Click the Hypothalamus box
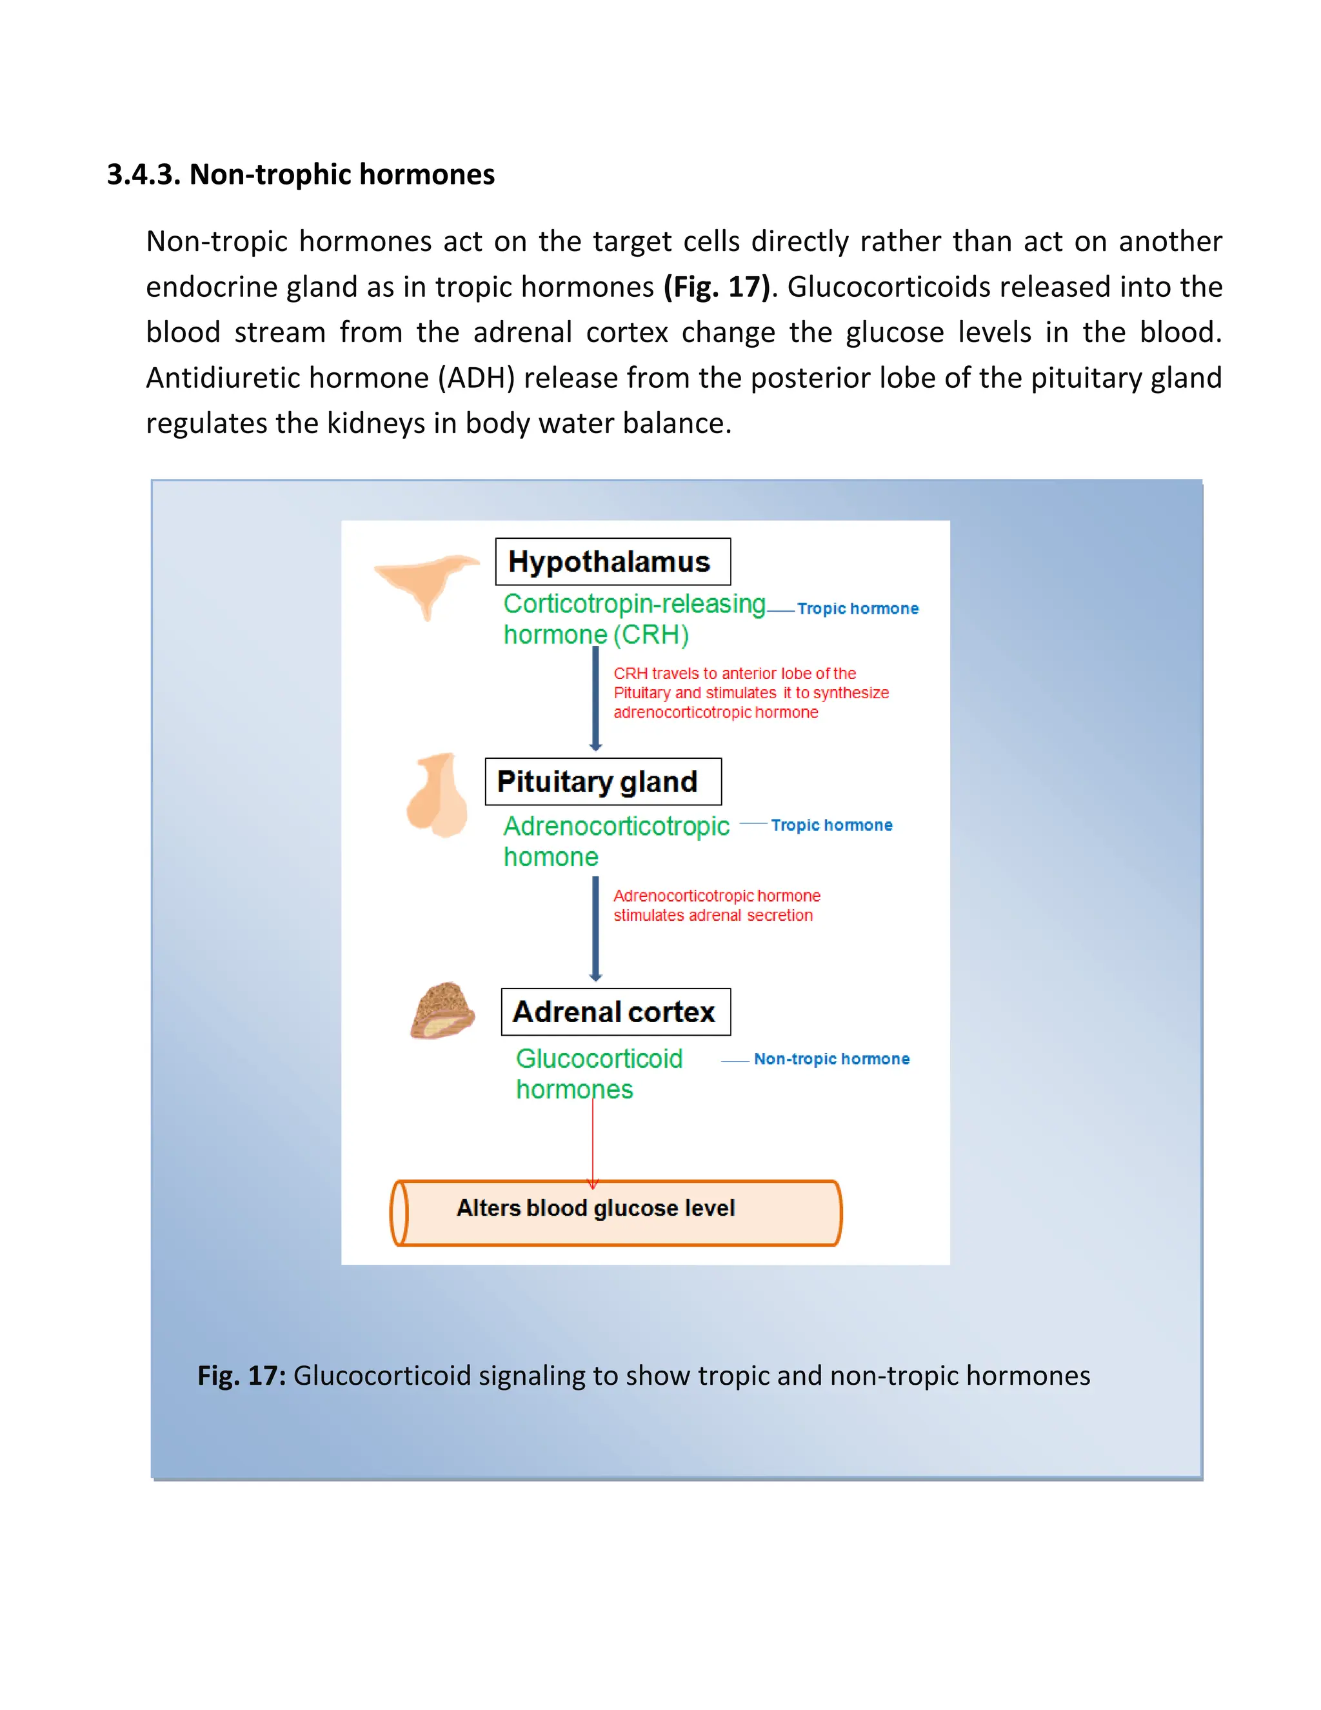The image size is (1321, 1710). click(613, 561)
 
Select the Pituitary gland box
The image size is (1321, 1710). click(602, 781)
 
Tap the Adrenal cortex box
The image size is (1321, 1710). click(616, 1012)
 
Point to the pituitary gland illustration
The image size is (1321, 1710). click(437, 795)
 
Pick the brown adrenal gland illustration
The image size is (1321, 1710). click(442, 1011)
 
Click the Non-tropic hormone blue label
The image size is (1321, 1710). click(831, 1058)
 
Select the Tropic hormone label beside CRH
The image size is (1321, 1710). click(858, 609)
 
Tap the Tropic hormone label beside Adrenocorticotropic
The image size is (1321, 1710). click(831, 825)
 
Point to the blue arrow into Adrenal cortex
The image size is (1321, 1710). click(595, 928)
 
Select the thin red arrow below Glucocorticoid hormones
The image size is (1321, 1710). click(592, 1143)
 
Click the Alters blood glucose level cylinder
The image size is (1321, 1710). click(616, 1213)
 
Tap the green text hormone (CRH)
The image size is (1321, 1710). click(595, 635)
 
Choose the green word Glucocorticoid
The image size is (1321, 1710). click(599, 1058)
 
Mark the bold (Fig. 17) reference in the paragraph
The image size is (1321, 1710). click(717, 287)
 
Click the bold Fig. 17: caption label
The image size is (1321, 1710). click(242, 1376)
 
